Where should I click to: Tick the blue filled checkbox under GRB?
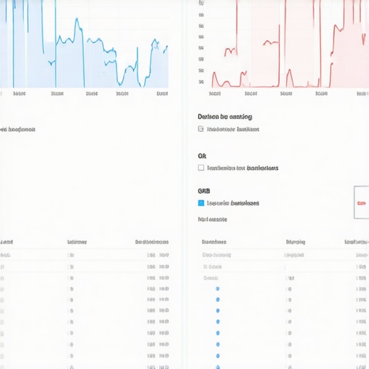coord(201,203)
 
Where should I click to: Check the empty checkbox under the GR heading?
coord(201,168)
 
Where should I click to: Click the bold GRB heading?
coord(203,191)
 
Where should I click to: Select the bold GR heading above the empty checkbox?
coord(202,156)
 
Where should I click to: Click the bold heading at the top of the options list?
coord(224,117)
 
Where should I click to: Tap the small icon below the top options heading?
coord(200,130)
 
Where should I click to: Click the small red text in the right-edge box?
coord(361,203)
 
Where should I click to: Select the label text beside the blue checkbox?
coord(233,203)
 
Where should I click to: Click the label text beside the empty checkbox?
coord(242,168)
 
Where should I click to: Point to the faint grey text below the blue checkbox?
coord(212,218)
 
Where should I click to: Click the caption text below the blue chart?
coord(19,130)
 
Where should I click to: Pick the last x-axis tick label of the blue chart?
coord(163,93)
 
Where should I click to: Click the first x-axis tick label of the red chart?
coord(215,93)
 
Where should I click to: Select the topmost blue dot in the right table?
coord(218,288)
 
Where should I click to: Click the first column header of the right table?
coord(214,242)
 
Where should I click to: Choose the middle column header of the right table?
coord(295,242)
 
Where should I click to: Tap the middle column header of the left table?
coord(77,242)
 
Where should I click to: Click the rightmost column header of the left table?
coord(152,242)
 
